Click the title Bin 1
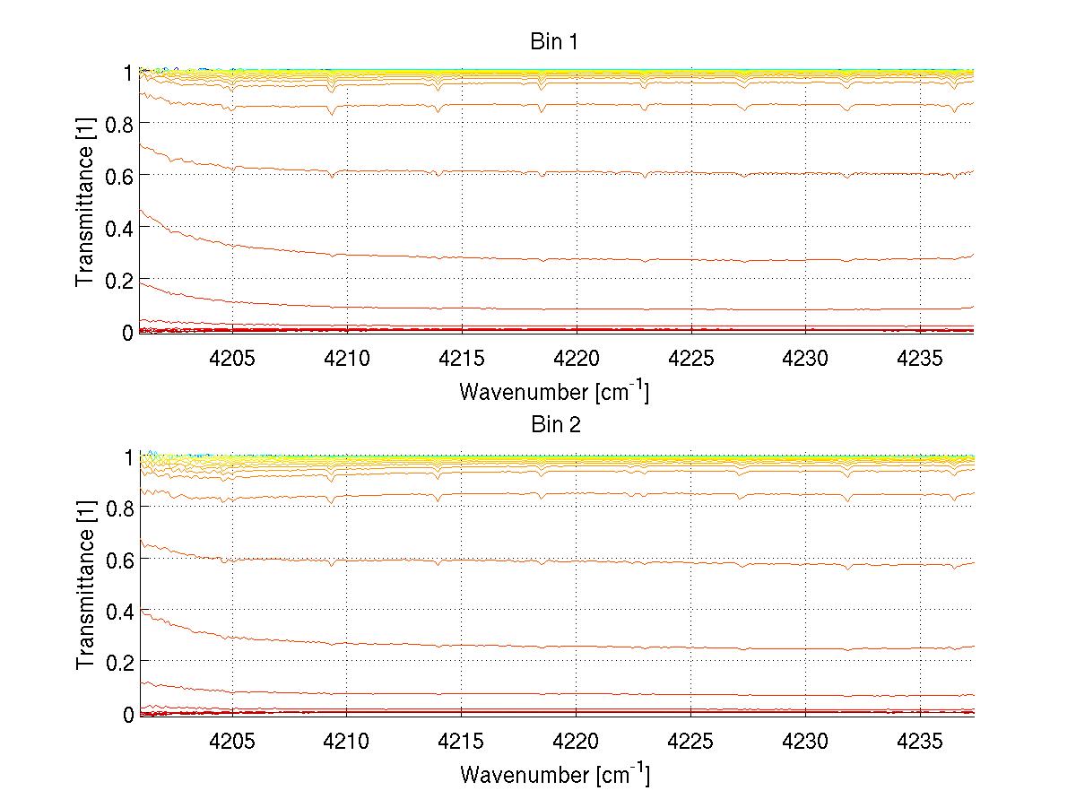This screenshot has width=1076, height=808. (556, 42)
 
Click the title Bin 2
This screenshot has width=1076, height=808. (556, 425)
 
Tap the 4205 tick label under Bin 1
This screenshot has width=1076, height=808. (232, 359)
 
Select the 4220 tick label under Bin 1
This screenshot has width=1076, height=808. (576, 359)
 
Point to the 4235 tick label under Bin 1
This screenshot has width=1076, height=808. (920, 359)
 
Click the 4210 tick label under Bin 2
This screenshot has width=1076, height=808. (347, 741)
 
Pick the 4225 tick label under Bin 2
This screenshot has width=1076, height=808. (690, 741)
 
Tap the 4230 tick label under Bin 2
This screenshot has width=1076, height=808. (805, 741)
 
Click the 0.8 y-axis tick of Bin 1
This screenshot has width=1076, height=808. (119, 123)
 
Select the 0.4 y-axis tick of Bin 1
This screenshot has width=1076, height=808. (119, 228)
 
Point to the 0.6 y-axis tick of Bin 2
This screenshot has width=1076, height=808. (119, 558)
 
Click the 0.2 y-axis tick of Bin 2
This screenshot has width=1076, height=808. (119, 662)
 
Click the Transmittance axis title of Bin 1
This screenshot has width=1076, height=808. (85, 202)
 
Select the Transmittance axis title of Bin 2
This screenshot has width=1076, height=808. (85, 585)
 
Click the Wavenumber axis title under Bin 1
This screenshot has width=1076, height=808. (554, 392)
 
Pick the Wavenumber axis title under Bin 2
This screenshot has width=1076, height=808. (554, 774)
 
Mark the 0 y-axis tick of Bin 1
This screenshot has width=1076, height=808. (128, 333)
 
